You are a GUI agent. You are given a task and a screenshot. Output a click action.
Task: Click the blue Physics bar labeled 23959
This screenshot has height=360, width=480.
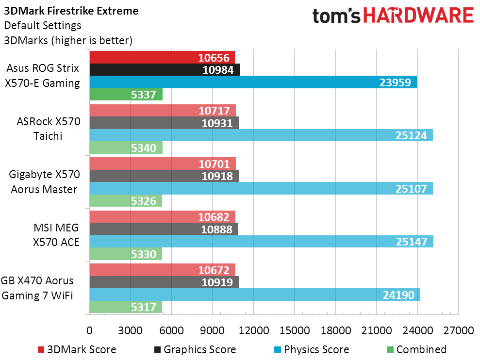[x=253, y=82]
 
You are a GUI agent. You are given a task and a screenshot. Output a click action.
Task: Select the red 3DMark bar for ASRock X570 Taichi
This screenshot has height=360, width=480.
[x=163, y=110]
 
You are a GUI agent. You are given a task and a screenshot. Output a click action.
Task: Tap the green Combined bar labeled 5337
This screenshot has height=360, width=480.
[x=126, y=95]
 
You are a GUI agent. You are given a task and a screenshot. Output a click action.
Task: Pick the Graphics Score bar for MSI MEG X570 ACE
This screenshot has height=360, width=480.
[x=164, y=229]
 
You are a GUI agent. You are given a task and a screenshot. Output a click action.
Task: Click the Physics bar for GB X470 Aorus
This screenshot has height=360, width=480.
[x=254, y=295]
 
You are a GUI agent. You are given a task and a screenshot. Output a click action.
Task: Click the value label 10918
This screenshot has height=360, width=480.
[x=217, y=176]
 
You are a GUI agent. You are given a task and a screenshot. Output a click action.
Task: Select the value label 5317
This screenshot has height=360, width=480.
[x=144, y=307]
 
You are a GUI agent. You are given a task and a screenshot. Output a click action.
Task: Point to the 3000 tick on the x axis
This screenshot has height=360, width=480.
[x=130, y=331]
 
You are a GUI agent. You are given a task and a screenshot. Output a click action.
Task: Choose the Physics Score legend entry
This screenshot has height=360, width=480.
[x=316, y=349]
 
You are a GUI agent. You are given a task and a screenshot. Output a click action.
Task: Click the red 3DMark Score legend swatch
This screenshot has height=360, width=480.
[x=41, y=350]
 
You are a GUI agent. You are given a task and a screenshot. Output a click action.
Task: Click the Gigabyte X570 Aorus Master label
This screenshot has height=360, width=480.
[x=44, y=182]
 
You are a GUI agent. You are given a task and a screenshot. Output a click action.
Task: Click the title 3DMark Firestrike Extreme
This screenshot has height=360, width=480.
[x=71, y=11]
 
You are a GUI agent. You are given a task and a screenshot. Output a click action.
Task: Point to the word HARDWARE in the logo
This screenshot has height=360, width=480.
[x=419, y=16]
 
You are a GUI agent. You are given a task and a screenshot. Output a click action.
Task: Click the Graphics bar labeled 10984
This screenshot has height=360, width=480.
[x=165, y=70]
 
